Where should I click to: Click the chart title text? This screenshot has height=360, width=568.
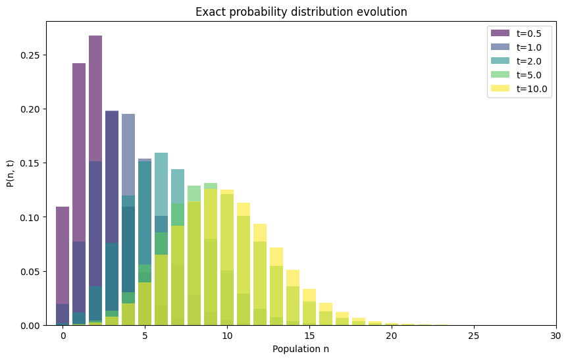coord(301,12)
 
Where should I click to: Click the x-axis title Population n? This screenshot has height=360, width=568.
coord(301,349)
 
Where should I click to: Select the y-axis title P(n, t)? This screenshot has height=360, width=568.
coord(11,172)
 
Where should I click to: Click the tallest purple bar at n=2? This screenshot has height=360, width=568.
coord(95,99)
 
